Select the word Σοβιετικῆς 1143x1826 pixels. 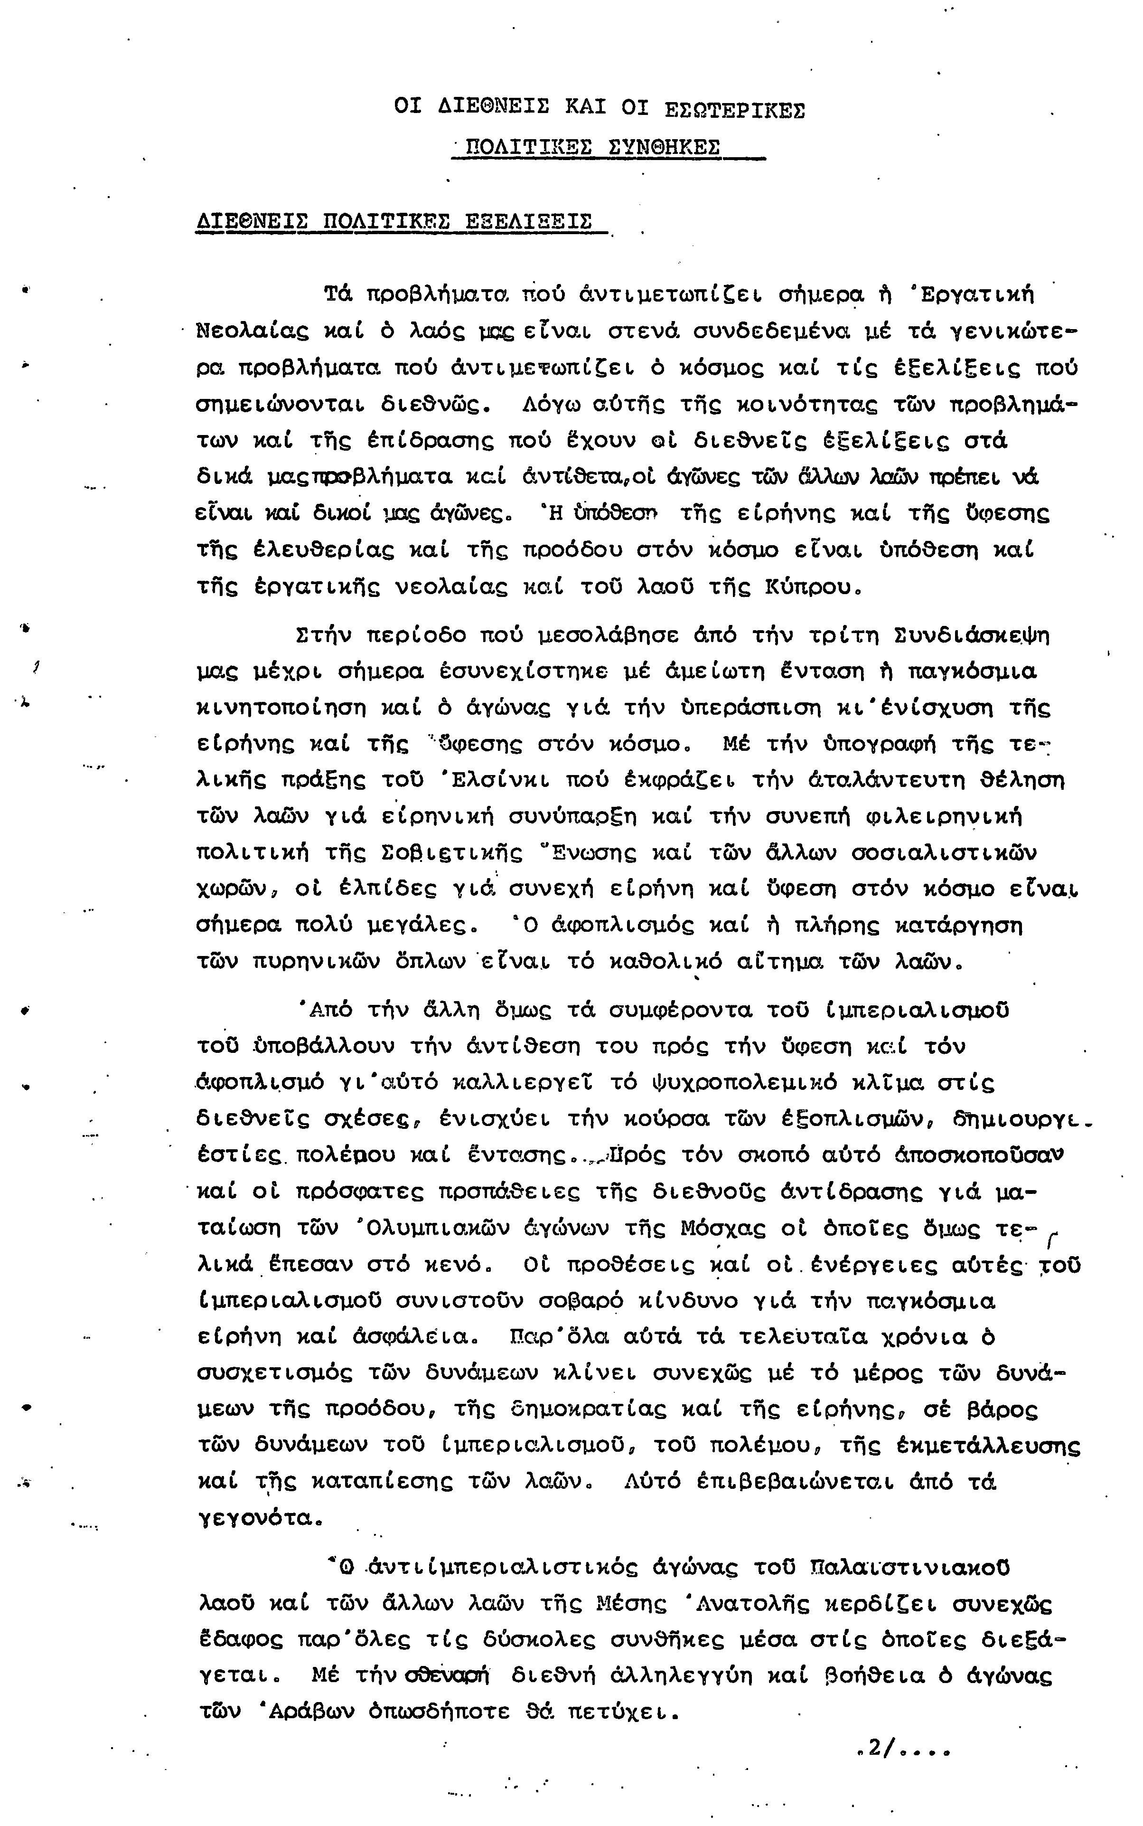click(451, 853)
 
